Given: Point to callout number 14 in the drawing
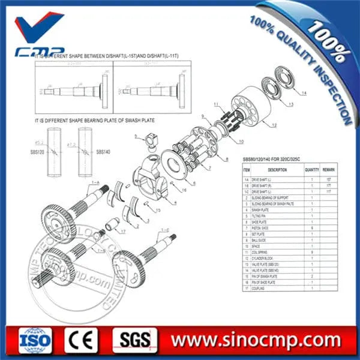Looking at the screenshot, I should (304, 94).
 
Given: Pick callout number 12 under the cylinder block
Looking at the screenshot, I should (274, 125).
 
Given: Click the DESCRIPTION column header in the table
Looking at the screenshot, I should (277, 170).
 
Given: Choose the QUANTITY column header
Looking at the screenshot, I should (311, 170).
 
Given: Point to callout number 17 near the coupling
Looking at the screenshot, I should (122, 231).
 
